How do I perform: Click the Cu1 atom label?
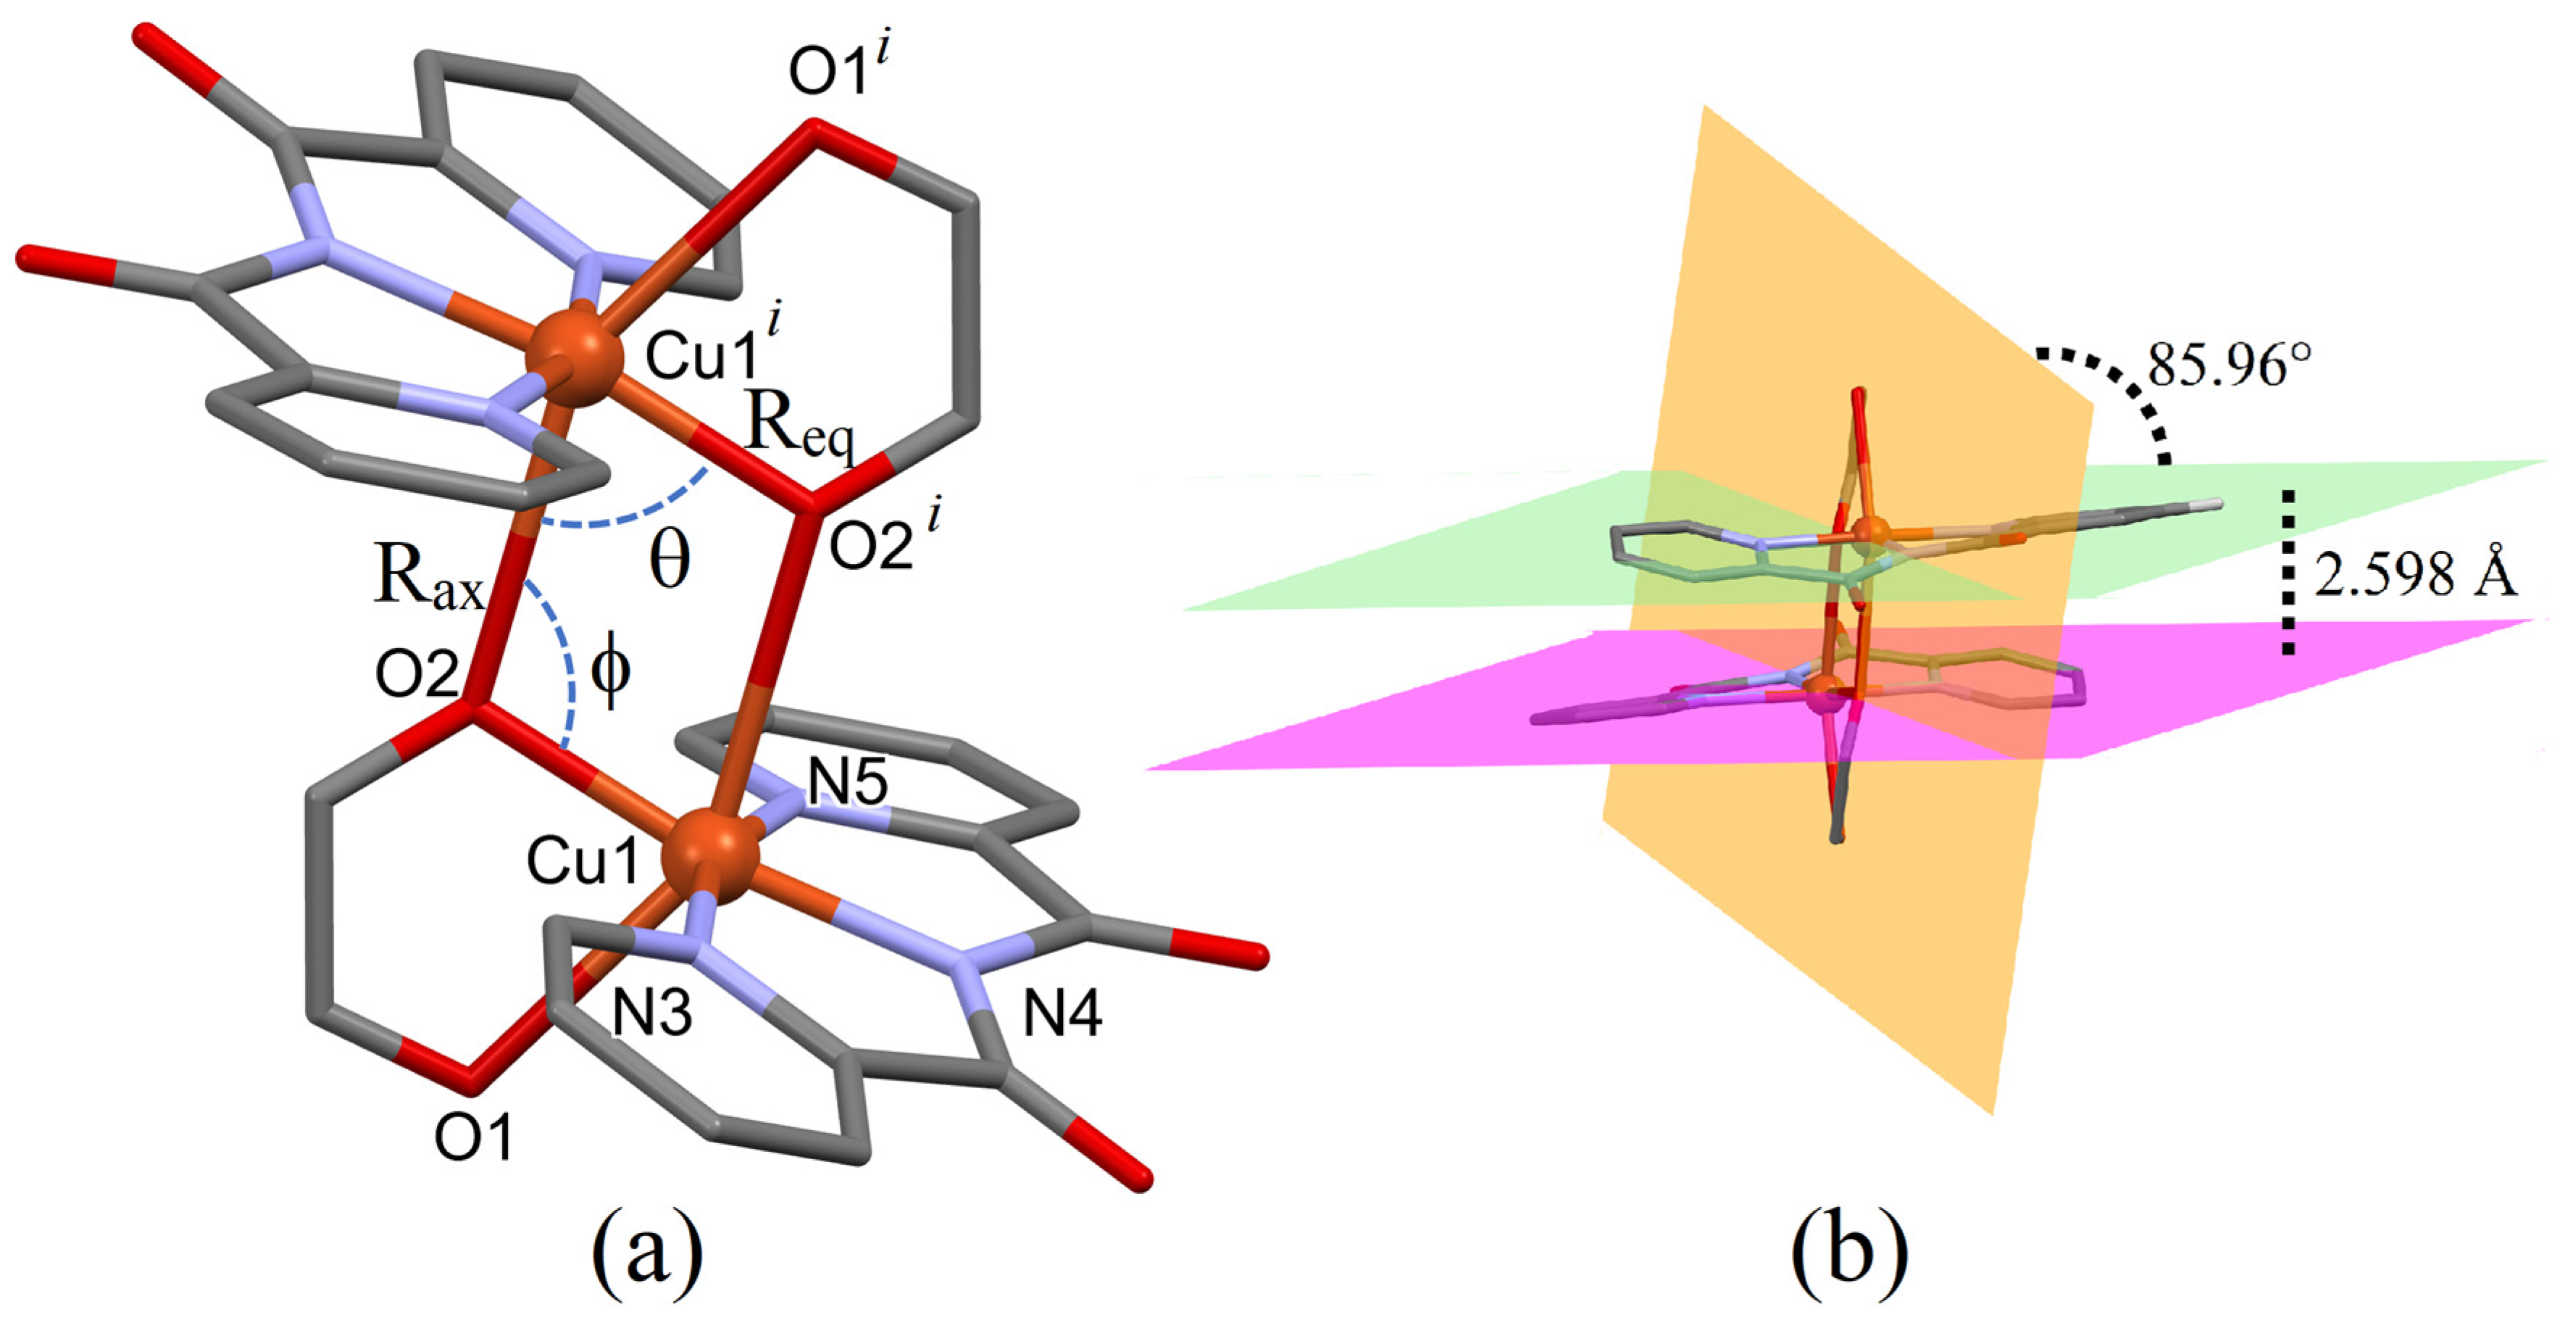tap(581, 860)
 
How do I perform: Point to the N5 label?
tap(847, 784)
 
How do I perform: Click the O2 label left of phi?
tap(417, 675)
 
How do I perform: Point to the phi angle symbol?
tap(610, 671)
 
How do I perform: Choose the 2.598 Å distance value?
tap(2414, 576)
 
